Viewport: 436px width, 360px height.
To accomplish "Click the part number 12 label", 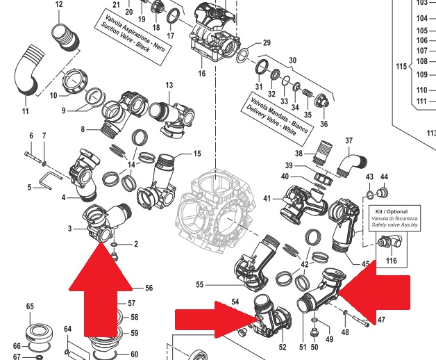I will [58, 5].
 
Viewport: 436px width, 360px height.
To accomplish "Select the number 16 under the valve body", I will [202, 73].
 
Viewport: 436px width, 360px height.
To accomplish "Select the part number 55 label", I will [199, 285].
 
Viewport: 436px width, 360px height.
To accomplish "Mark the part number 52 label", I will [283, 346].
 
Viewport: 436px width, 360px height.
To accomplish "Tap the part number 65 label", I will [30, 306].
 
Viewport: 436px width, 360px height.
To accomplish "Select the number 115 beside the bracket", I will [399, 67].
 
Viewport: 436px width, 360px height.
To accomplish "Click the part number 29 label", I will [265, 44].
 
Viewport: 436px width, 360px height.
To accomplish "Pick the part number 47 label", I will [380, 320].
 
